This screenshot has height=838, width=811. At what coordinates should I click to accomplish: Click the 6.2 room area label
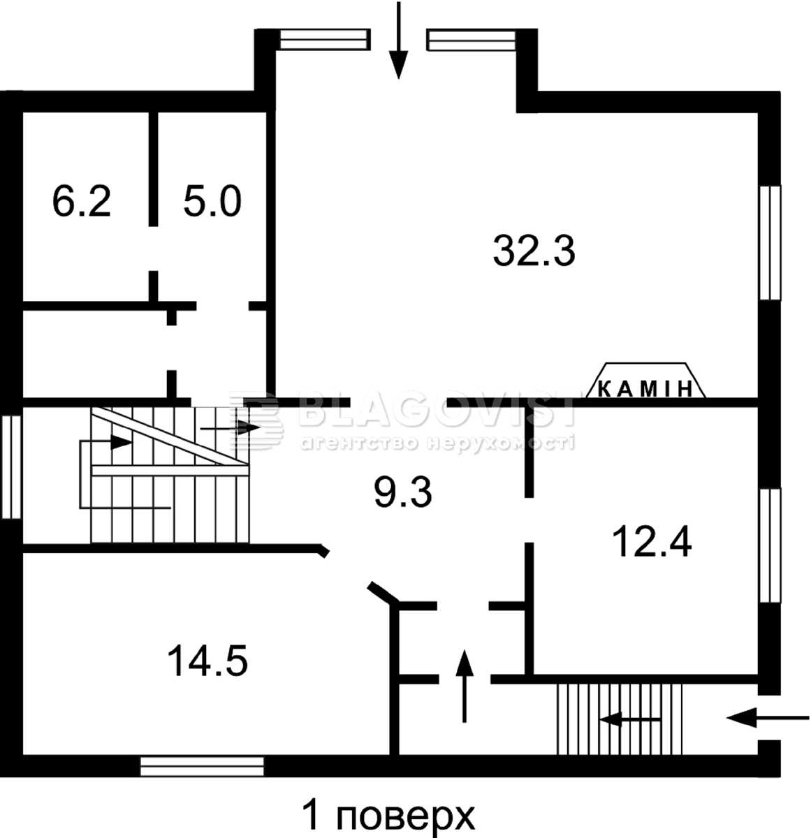click(82, 201)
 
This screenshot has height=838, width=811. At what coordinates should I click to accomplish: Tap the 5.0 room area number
click(212, 201)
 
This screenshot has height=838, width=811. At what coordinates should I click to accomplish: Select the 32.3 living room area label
click(534, 251)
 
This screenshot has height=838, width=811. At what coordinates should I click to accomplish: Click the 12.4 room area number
click(652, 541)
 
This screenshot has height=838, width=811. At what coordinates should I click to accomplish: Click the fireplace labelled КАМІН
click(646, 381)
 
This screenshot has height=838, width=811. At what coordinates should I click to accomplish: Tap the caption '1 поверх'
click(388, 814)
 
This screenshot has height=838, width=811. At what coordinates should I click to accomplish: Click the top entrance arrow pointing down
click(399, 40)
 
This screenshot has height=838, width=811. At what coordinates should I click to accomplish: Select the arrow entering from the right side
click(768, 718)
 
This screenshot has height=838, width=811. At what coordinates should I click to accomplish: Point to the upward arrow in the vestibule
click(465, 686)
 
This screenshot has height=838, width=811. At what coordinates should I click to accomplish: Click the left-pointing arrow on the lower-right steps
click(630, 719)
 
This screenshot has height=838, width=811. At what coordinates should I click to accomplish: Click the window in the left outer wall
click(11, 466)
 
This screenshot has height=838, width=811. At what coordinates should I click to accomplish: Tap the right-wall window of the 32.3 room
click(770, 242)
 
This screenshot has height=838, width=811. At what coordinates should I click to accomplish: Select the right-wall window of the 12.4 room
click(770, 545)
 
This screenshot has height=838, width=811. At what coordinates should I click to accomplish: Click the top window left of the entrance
click(326, 40)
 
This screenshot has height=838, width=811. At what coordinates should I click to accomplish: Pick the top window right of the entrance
click(472, 40)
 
